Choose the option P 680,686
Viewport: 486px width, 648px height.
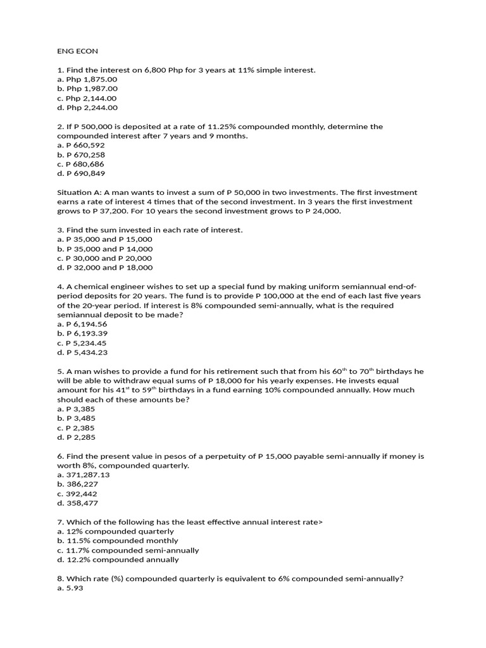point(81,164)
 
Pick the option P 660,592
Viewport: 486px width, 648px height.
point(81,146)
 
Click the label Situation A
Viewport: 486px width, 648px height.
point(79,192)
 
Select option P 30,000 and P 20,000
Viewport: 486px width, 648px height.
point(104,258)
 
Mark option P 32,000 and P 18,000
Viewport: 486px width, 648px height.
point(104,268)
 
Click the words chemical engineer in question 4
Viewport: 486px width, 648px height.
point(101,287)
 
